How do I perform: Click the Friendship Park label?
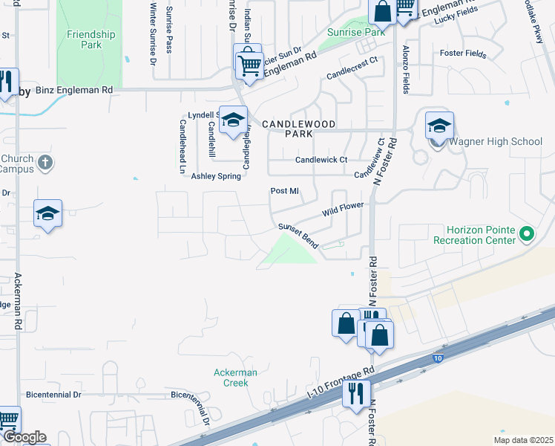coord(91,39)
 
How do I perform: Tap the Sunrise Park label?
coord(356,33)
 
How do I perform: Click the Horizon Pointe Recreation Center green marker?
coord(527,236)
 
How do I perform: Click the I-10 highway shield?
coord(438,358)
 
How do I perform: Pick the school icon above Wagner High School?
coord(439,126)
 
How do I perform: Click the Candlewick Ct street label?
coord(321,160)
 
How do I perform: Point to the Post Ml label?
coord(284,191)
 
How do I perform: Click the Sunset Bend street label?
coord(298,236)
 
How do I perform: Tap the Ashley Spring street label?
coord(216,176)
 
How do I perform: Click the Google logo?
coord(24,437)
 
